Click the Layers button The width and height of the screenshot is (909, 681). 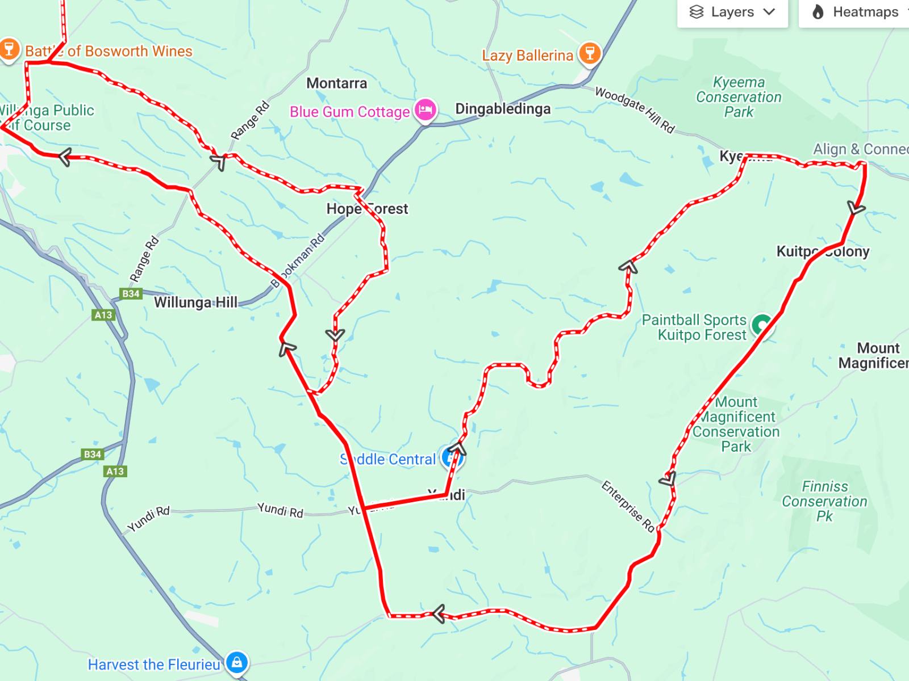(x=732, y=12)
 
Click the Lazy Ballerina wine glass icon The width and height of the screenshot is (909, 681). (x=590, y=54)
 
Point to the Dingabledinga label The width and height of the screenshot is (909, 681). (x=503, y=109)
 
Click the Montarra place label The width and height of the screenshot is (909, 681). (x=336, y=83)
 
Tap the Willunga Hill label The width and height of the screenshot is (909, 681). (x=195, y=302)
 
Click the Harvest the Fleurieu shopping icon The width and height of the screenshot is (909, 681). (x=236, y=662)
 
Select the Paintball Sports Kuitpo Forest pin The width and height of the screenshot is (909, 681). (x=761, y=326)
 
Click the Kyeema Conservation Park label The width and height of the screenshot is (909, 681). (x=739, y=97)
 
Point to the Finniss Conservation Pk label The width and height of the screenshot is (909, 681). (x=824, y=501)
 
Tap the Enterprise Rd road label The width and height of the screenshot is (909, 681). (x=628, y=506)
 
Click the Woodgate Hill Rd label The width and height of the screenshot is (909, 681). (x=635, y=110)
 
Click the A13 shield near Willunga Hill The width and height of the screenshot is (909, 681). (x=103, y=315)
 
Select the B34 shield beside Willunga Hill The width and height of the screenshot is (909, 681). (x=131, y=293)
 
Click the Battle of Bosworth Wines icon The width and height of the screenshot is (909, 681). (x=9, y=49)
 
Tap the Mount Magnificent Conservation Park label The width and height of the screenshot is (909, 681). (x=736, y=424)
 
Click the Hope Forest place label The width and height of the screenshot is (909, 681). (x=366, y=209)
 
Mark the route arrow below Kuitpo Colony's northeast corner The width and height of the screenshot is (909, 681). (x=856, y=208)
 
